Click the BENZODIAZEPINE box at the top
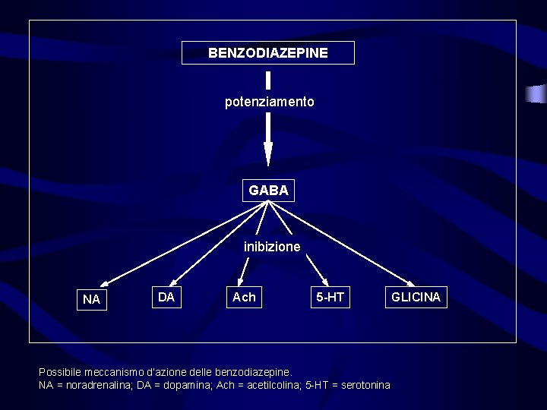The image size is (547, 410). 268,53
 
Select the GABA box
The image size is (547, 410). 268,191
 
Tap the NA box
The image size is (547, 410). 91,299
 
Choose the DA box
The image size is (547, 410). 166,297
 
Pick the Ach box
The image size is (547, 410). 244,297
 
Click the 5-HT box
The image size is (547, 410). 330,297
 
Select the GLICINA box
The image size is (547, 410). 416,297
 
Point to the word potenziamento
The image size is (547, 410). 269,102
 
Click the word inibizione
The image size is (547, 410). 272,247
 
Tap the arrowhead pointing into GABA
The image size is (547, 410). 268,155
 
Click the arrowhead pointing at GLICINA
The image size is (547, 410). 406,280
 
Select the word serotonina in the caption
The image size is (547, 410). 366,385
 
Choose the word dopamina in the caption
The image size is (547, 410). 181,385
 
